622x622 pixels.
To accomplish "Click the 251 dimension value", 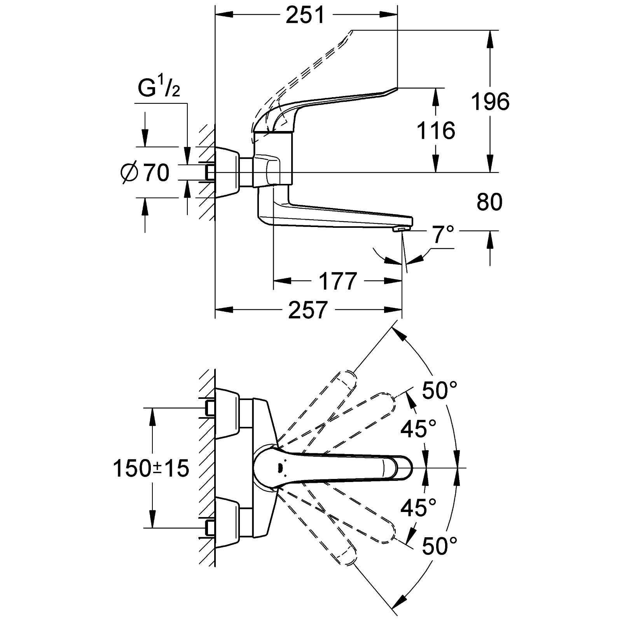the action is click(305, 16).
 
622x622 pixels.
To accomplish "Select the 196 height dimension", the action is click(490, 102).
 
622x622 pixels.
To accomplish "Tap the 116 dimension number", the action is click(436, 130).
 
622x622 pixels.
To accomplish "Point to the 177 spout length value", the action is click(337, 281).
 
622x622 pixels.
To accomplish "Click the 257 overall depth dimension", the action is click(307, 310).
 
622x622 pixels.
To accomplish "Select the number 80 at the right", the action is click(489, 202).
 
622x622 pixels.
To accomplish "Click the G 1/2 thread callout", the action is click(159, 89).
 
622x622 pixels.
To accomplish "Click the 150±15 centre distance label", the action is click(151, 468).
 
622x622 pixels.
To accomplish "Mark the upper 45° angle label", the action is click(418, 429).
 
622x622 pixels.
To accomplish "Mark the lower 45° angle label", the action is click(418, 507).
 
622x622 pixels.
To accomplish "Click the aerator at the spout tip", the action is click(399, 230).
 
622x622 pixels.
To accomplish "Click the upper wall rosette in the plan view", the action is click(227, 413).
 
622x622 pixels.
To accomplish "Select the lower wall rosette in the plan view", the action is click(227, 523).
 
